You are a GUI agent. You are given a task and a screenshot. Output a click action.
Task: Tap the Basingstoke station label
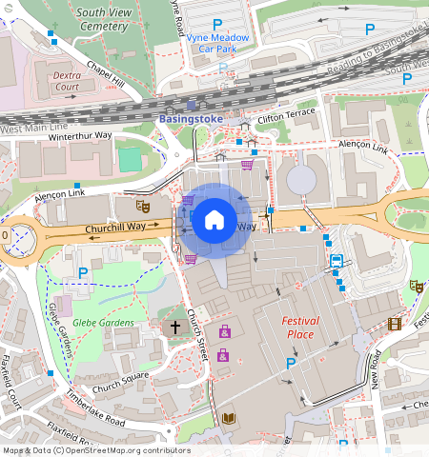(x=190, y=118)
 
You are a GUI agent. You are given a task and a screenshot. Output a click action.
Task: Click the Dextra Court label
(x=66, y=79)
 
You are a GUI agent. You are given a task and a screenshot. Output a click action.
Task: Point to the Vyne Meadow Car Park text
(x=218, y=43)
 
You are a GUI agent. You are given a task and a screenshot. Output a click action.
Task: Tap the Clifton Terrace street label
(x=284, y=113)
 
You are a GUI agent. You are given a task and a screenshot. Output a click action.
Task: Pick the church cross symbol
(x=174, y=327)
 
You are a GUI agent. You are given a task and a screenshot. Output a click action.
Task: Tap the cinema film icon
(x=395, y=324)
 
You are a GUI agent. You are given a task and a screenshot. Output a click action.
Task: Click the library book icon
(x=228, y=418)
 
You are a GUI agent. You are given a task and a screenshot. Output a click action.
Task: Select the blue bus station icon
(x=337, y=261)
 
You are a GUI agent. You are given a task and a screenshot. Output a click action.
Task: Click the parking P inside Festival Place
(x=292, y=363)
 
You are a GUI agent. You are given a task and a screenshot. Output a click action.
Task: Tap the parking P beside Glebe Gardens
(x=83, y=273)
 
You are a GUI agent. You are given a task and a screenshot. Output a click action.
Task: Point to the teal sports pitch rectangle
(x=130, y=160)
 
